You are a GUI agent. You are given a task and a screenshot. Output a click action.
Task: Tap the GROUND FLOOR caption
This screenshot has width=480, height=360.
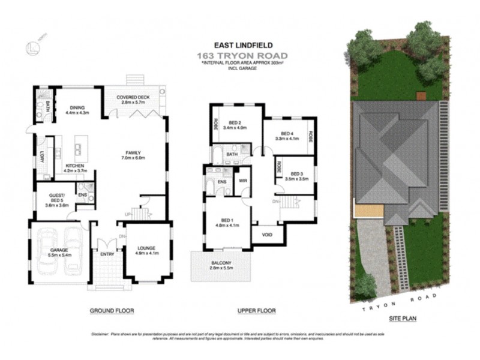(x=112, y=311)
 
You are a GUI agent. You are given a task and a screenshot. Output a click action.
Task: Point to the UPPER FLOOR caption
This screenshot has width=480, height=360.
(x=256, y=311)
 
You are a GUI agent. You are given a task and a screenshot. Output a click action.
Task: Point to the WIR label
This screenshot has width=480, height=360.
(x=243, y=179)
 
